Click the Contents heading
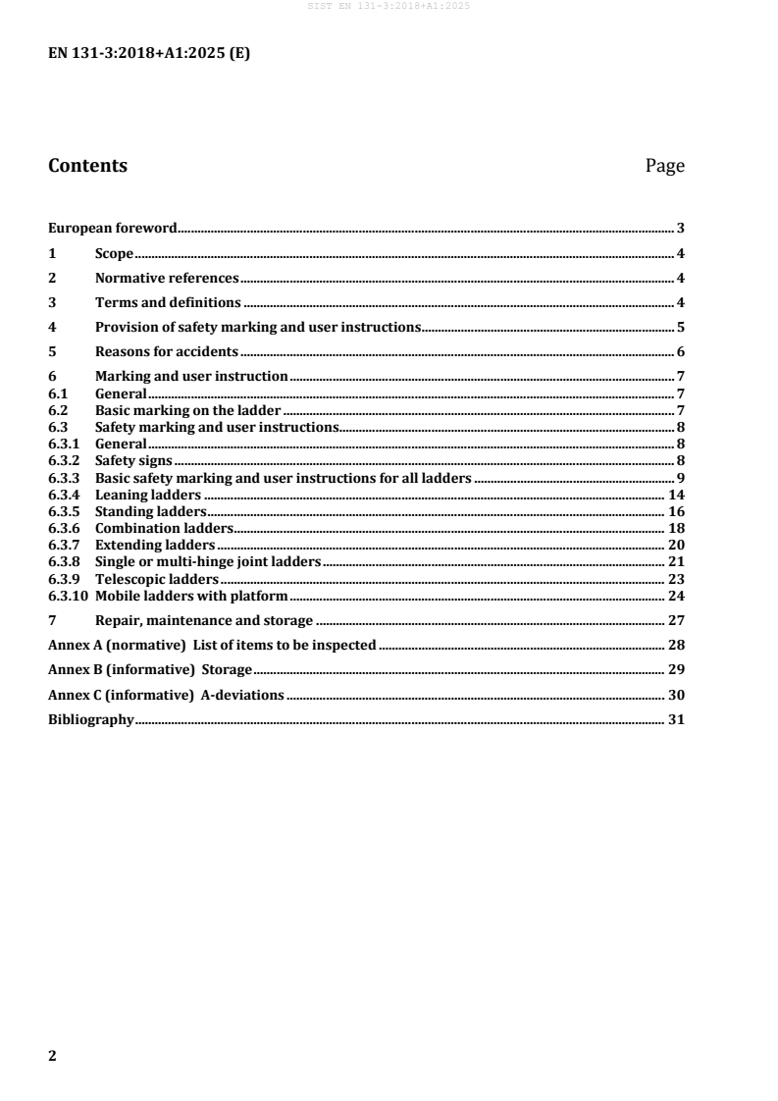coord(87,166)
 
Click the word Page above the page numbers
coord(664,166)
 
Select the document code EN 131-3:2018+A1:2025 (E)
coord(149,55)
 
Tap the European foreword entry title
coord(113,229)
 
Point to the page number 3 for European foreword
coord(680,229)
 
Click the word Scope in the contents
coord(114,253)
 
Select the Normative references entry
coord(167,278)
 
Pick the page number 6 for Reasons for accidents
coord(680,351)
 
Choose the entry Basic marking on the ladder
coord(187,410)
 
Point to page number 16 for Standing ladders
coord(676,511)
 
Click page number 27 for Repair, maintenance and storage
coord(676,620)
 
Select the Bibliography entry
coord(91,719)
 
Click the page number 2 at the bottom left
coord(53,1056)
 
